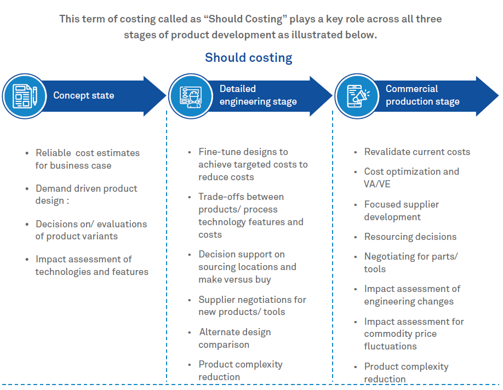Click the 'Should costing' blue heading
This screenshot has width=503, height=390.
(x=248, y=58)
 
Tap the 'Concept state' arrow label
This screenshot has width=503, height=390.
(x=83, y=95)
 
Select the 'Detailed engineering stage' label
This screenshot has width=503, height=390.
(x=258, y=95)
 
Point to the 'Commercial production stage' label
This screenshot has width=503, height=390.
(x=422, y=95)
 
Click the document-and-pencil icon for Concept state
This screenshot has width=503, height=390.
(x=23, y=95)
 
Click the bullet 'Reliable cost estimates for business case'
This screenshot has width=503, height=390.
(x=87, y=159)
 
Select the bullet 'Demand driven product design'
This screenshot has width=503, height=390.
(x=86, y=194)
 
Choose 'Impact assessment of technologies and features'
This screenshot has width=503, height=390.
(x=92, y=265)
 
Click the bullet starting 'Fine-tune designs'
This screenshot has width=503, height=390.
(x=253, y=164)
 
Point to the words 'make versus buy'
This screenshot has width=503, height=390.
(x=235, y=279)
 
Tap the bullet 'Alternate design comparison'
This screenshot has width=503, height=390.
(x=235, y=338)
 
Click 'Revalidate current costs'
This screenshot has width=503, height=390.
(x=417, y=152)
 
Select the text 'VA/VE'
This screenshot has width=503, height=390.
(x=376, y=184)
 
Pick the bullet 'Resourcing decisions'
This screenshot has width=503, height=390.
(x=410, y=237)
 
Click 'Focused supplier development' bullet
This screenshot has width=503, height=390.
(x=401, y=210)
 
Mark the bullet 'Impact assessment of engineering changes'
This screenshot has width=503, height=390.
(x=412, y=295)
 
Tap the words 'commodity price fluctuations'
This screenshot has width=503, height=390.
(x=400, y=340)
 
